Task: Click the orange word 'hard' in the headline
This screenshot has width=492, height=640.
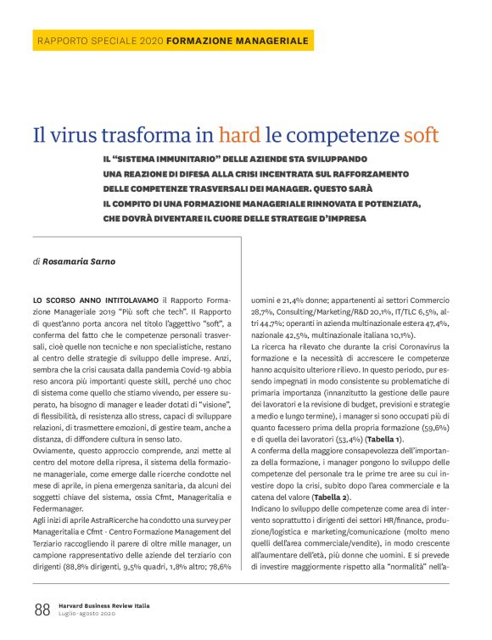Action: point(238,134)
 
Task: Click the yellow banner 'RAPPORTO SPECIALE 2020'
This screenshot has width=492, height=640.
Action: point(100,41)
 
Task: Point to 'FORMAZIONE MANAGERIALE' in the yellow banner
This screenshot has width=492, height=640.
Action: point(238,41)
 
